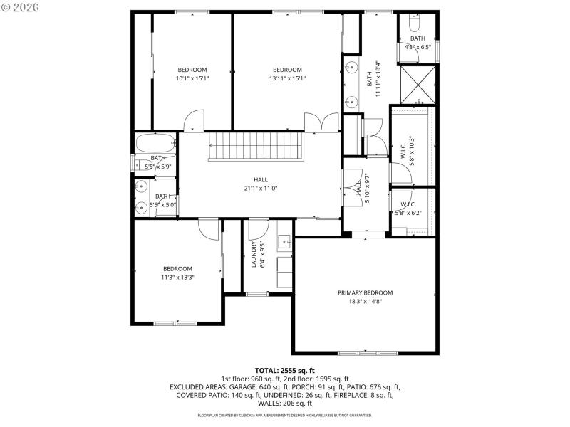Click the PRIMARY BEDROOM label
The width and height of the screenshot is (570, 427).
coord(365,292)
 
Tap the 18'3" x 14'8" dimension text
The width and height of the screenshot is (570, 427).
coord(365,301)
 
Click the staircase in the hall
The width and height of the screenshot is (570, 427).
coord(256,147)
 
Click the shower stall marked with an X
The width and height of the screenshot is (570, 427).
coord(417,82)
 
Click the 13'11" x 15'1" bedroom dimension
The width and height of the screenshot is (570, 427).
coord(287,78)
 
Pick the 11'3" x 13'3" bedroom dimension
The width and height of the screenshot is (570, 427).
coord(178,277)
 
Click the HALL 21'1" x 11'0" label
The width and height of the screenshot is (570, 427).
coord(261,184)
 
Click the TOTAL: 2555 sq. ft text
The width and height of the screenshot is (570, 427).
coord(284,371)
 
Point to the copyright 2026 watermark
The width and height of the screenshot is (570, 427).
coord(22,6)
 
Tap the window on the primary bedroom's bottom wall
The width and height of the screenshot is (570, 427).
coord(368,353)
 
